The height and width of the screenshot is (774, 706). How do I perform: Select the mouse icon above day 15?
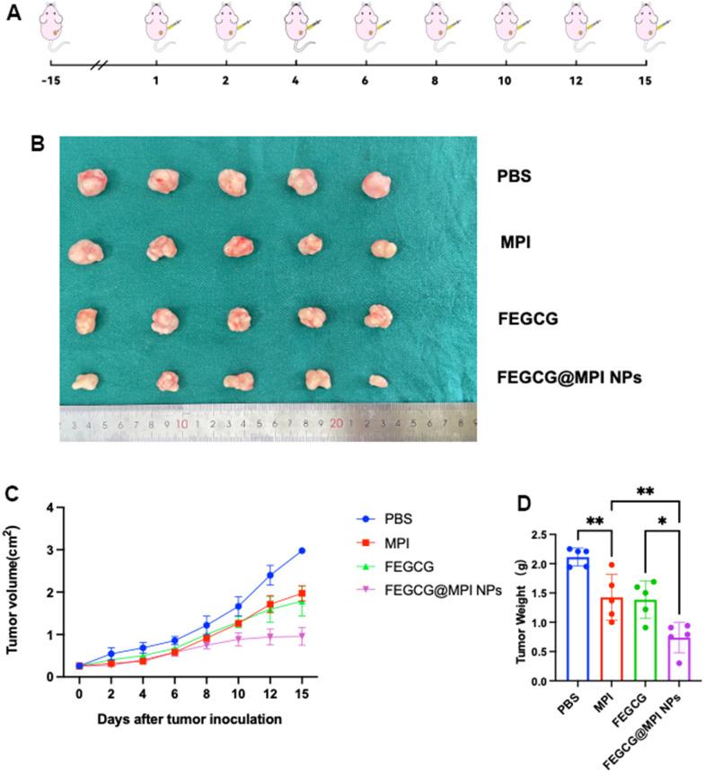644,27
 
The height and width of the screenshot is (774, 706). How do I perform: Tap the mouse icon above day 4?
296,27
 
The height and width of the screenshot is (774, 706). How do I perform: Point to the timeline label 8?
435,80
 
